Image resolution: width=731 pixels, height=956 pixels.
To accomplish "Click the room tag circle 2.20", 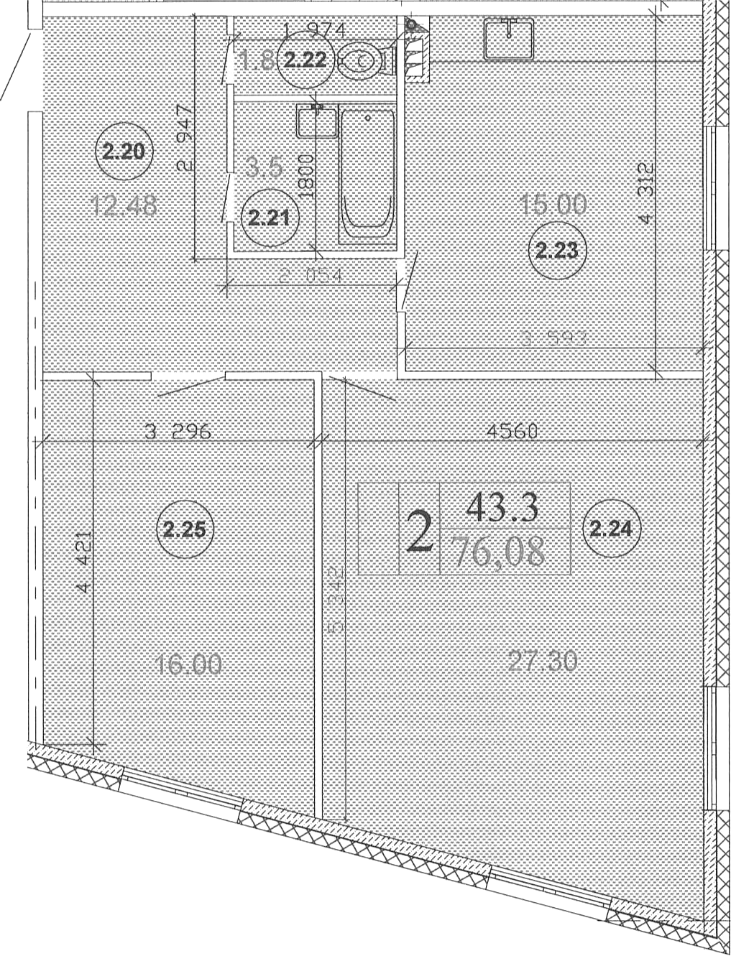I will pyautogui.click(x=124, y=152).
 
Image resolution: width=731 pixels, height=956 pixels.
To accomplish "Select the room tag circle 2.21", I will pyautogui.click(x=269, y=217).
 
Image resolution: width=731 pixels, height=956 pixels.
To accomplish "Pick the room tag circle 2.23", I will pyautogui.click(x=558, y=251).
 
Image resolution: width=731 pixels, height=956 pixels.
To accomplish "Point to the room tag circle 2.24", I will pyautogui.click(x=611, y=529).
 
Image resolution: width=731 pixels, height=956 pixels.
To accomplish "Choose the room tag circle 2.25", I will pyautogui.click(x=185, y=530).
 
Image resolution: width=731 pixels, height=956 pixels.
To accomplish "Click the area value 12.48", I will pyautogui.click(x=125, y=206).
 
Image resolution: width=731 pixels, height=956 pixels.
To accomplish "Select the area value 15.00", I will pyautogui.click(x=553, y=205).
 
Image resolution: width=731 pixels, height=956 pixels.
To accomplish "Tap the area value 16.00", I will pyautogui.click(x=188, y=664).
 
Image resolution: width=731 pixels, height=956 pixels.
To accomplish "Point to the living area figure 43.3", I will pyautogui.click(x=502, y=508).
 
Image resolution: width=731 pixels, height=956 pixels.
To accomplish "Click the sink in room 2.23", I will pyautogui.click(x=508, y=38).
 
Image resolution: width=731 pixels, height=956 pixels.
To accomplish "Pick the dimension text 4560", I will pyautogui.click(x=512, y=431).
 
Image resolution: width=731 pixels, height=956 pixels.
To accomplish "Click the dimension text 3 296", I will pyautogui.click(x=178, y=432).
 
